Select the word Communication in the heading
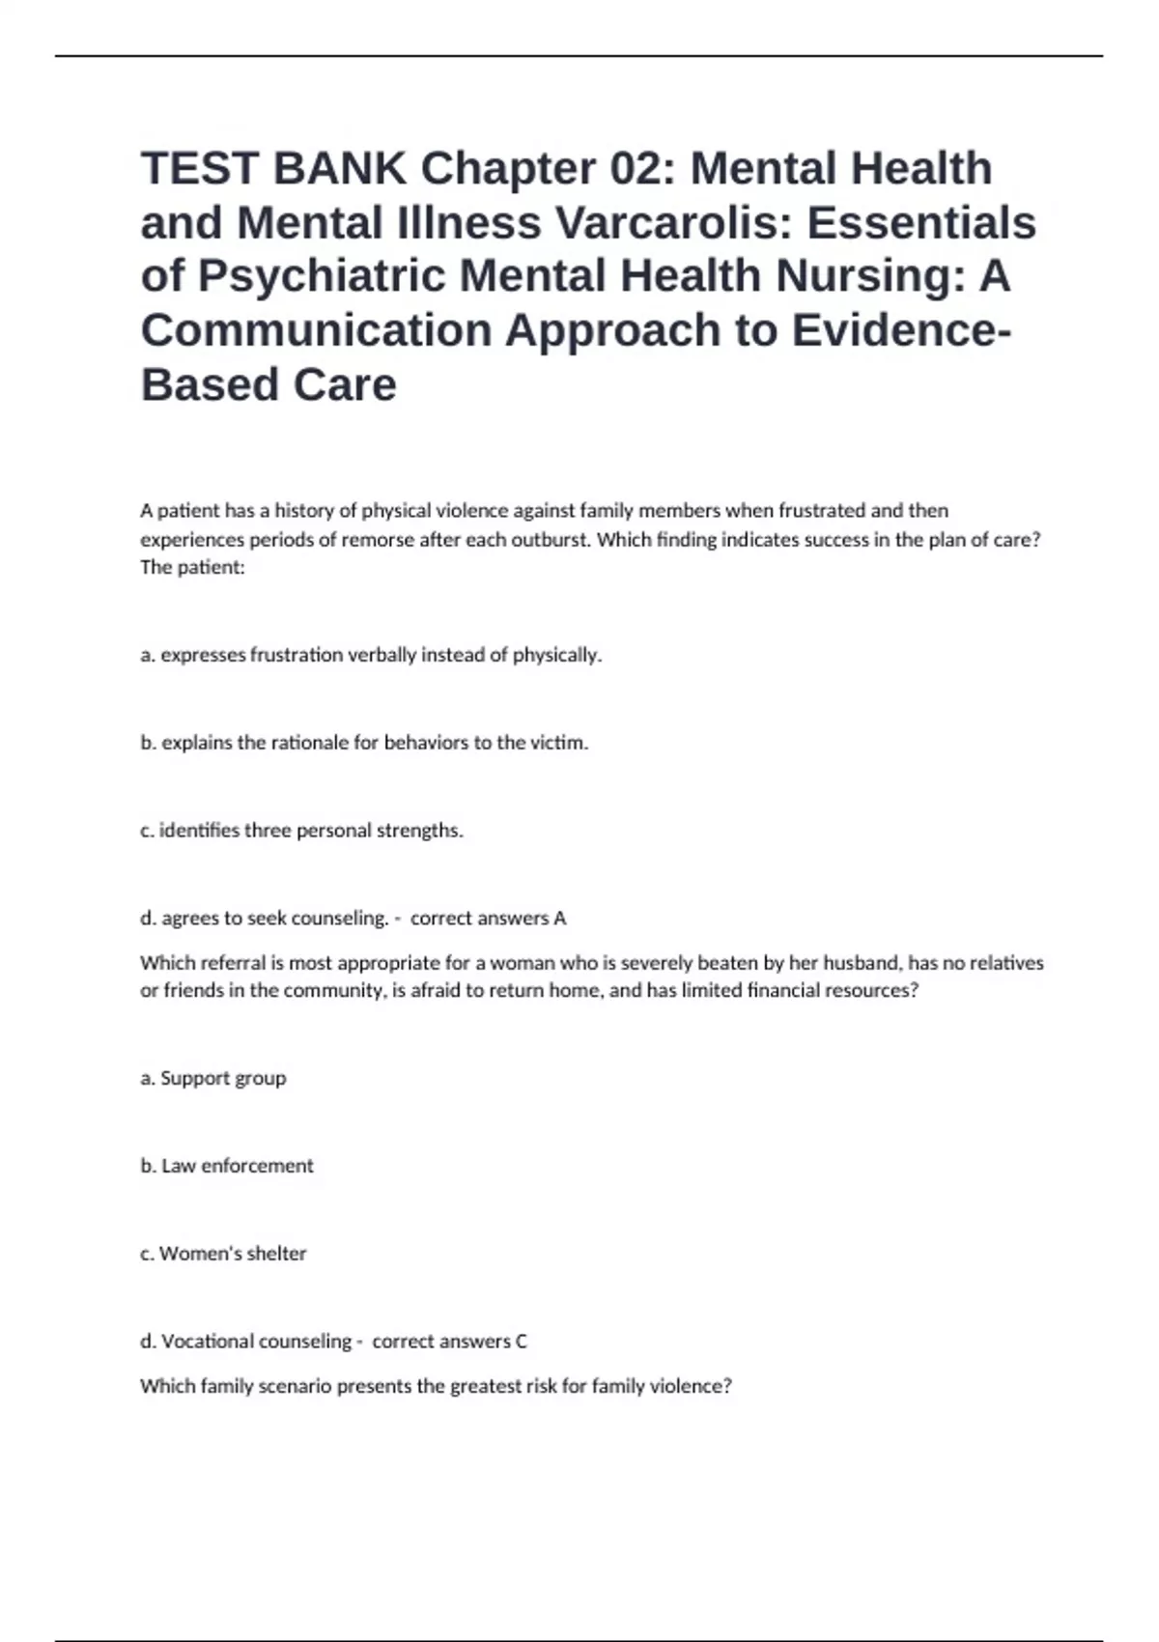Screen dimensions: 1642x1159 point(316,330)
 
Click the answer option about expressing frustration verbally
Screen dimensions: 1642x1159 point(371,655)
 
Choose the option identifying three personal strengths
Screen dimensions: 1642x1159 point(301,831)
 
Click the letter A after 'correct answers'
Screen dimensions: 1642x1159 point(559,919)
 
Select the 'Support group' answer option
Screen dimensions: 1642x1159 point(213,1078)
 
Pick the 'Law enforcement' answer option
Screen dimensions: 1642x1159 point(227,1166)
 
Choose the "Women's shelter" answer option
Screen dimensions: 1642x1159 point(223,1254)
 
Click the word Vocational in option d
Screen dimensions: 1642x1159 point(208,1342)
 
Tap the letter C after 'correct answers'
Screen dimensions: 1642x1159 point(521,1342)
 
